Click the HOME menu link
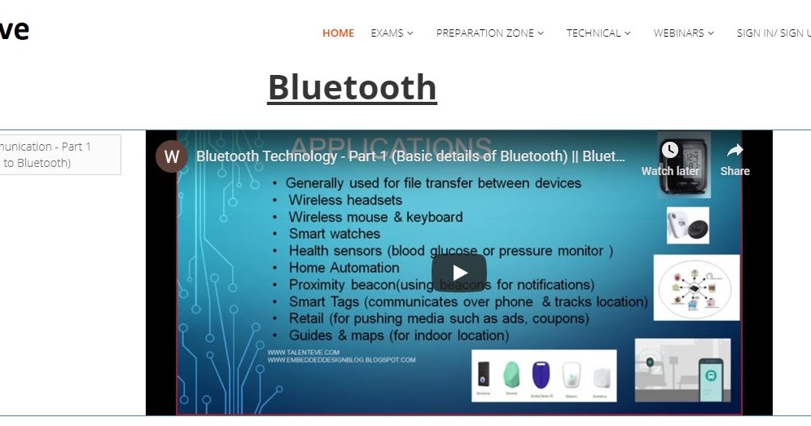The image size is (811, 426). [338, 33]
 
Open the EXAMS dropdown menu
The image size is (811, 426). [392, 33]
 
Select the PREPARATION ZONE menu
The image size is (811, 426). [489, 33]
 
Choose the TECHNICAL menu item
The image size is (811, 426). [598, 33]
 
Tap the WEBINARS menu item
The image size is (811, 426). [683, 33]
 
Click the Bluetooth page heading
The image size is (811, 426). [352, 87]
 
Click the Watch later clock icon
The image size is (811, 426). [670, 150]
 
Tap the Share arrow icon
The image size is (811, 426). [734, 151]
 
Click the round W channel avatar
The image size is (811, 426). [171, 156]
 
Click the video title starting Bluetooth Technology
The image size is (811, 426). [410, 156]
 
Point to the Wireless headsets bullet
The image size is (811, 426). [345, 200]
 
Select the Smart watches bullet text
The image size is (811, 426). [334, 234]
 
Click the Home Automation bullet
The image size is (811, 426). [344, 268]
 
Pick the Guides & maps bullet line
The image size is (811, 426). [398, 336]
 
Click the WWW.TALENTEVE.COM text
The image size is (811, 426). [304, 352]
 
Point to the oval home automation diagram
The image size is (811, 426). [696, 288]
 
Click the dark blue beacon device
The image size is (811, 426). [540, 375]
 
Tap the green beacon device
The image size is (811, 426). [511, 375]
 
